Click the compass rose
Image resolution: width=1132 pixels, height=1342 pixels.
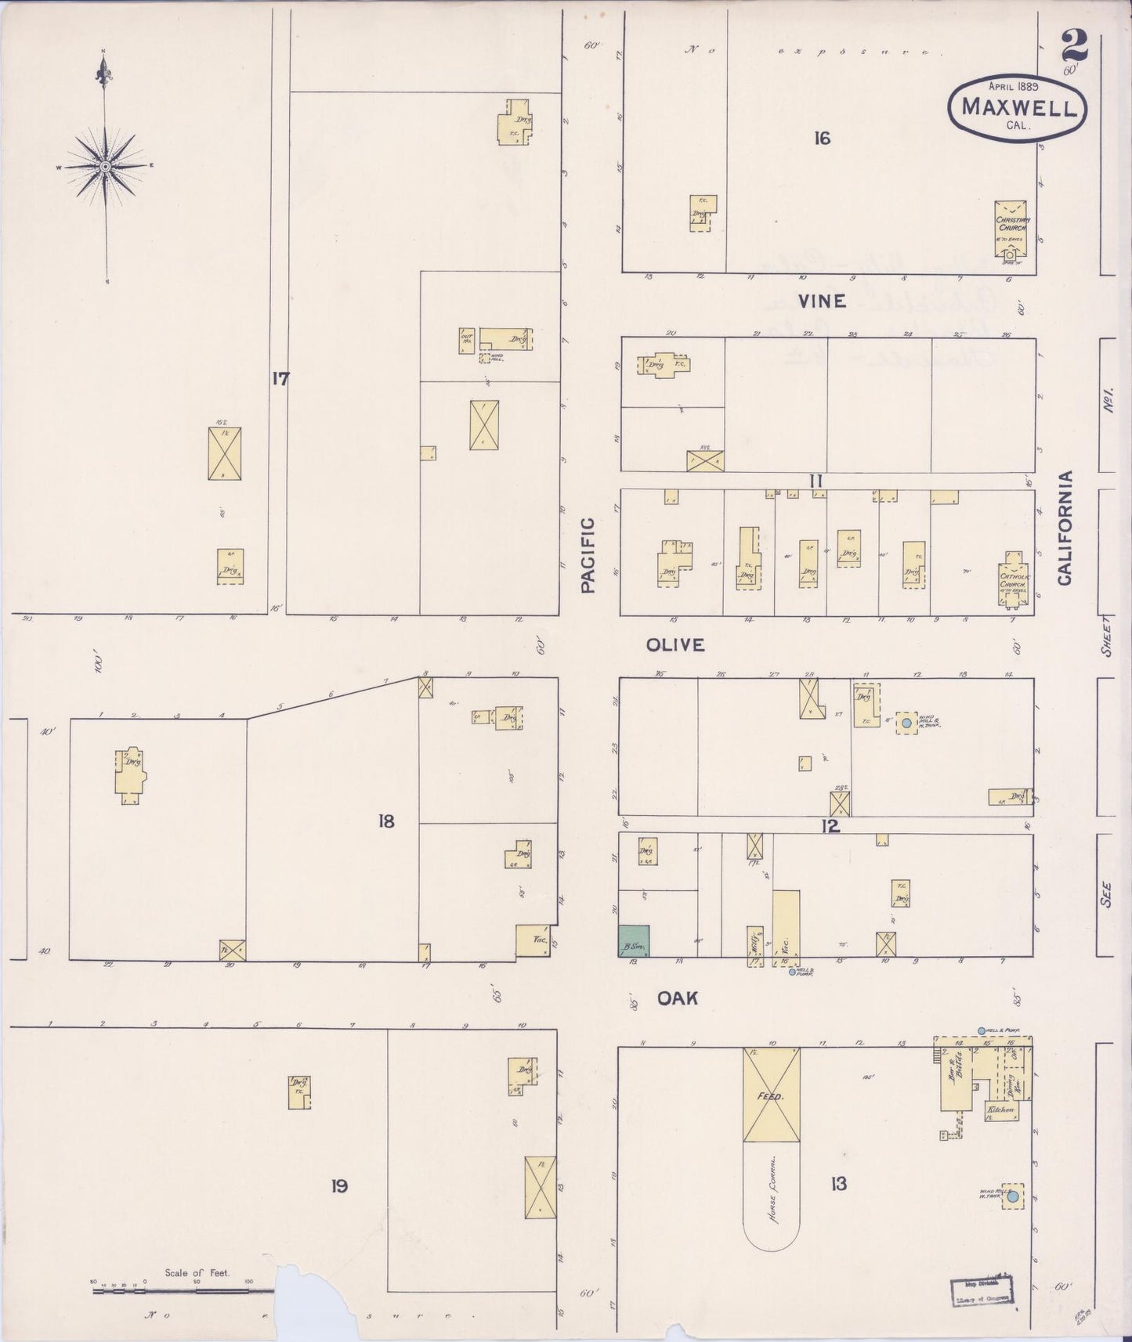(104, 166)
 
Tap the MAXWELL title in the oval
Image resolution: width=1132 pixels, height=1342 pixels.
(1018, 107)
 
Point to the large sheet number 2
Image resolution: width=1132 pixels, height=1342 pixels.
(1074, 45)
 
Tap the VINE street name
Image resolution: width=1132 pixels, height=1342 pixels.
(823, 301)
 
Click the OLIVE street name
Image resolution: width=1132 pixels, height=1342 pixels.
(675, 644)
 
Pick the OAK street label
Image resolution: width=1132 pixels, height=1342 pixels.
(678, 998)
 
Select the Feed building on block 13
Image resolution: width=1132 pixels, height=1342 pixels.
(771, 1095)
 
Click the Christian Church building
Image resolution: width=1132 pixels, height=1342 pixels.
(1012, 227)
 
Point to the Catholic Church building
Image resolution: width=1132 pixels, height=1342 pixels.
(1012, 579)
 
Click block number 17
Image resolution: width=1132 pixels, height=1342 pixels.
(280, 379)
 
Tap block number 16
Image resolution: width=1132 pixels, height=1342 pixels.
(821, 139)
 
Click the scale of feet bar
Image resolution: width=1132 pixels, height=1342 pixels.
(183, 1290)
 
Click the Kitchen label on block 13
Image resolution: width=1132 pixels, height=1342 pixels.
(1000, 1109)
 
